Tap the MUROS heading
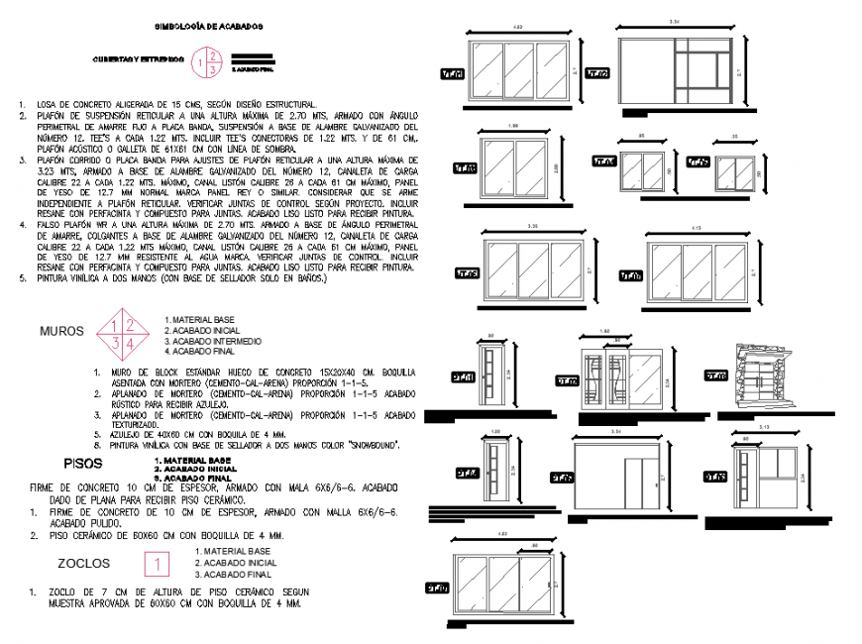coord(61,331)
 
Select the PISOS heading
coord(82,463)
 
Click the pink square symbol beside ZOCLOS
coord(159,563)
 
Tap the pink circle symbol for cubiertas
coord(207,61)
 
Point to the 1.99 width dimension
coord(512,125)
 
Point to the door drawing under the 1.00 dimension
coord(497,477)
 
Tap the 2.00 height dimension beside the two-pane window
coord(558,168)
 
